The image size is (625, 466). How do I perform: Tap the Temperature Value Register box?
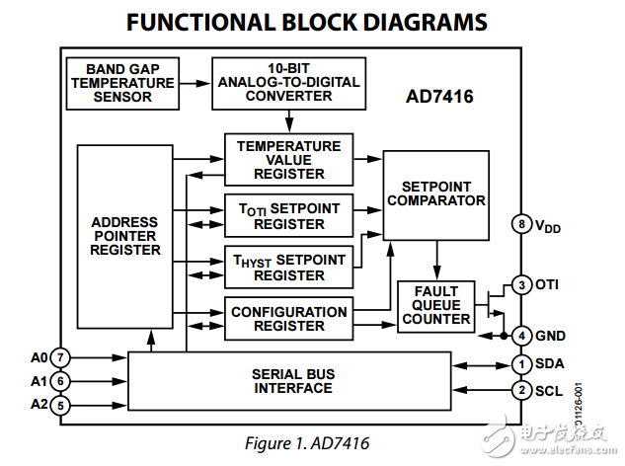tap(288, 160)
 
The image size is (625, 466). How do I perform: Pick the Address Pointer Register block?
tap(124, 237)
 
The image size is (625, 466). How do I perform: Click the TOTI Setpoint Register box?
tap(288, 215)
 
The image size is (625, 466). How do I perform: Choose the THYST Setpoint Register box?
tap(288, 267)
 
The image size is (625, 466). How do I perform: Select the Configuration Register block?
tap(288, 319)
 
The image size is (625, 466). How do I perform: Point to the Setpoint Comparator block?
tap(436, 194)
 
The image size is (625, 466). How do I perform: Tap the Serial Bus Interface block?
tap(291, 380)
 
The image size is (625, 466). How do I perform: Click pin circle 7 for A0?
tap(60, 356)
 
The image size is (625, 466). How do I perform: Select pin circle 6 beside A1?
tap(60, 381)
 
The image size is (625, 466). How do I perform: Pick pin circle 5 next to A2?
tap(60, 404)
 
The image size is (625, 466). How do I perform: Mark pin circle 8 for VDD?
tap(521, 224)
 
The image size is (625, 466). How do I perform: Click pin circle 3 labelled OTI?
tap(521, 285)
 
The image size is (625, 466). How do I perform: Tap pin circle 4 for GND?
tap(521, 336)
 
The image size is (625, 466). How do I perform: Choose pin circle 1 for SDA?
tap(521, 364)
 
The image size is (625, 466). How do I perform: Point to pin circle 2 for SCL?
tap(521, 390)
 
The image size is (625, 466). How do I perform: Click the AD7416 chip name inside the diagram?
tap(439, 97)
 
